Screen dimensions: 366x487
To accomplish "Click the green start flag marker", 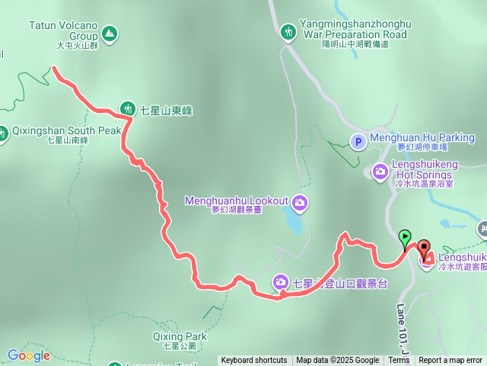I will [x=405, y=238].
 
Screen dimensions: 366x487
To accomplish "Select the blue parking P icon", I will [x=357, y=141].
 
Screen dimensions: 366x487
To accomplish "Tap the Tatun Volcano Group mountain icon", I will [x=110, y=34].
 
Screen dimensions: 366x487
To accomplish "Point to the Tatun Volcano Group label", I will [x=63, y=30].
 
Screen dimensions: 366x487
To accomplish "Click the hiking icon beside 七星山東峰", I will [x=129, y=110].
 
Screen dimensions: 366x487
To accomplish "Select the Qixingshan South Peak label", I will [x=66, y=130].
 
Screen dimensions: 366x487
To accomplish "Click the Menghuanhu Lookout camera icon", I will [x=300, y=201].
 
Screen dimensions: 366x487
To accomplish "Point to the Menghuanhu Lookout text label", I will [x=236, y=201].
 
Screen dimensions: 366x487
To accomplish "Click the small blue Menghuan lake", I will [x=293, y=222].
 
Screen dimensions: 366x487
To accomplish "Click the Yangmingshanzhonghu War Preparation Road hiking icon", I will [x=288, y=31].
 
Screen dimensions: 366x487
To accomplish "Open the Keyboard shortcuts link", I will [x=254, y=361].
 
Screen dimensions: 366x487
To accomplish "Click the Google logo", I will [x=28, y=355].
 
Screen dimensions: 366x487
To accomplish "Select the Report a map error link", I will [x=450, y=361].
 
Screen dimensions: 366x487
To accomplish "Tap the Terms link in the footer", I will [x=399, y=361].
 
